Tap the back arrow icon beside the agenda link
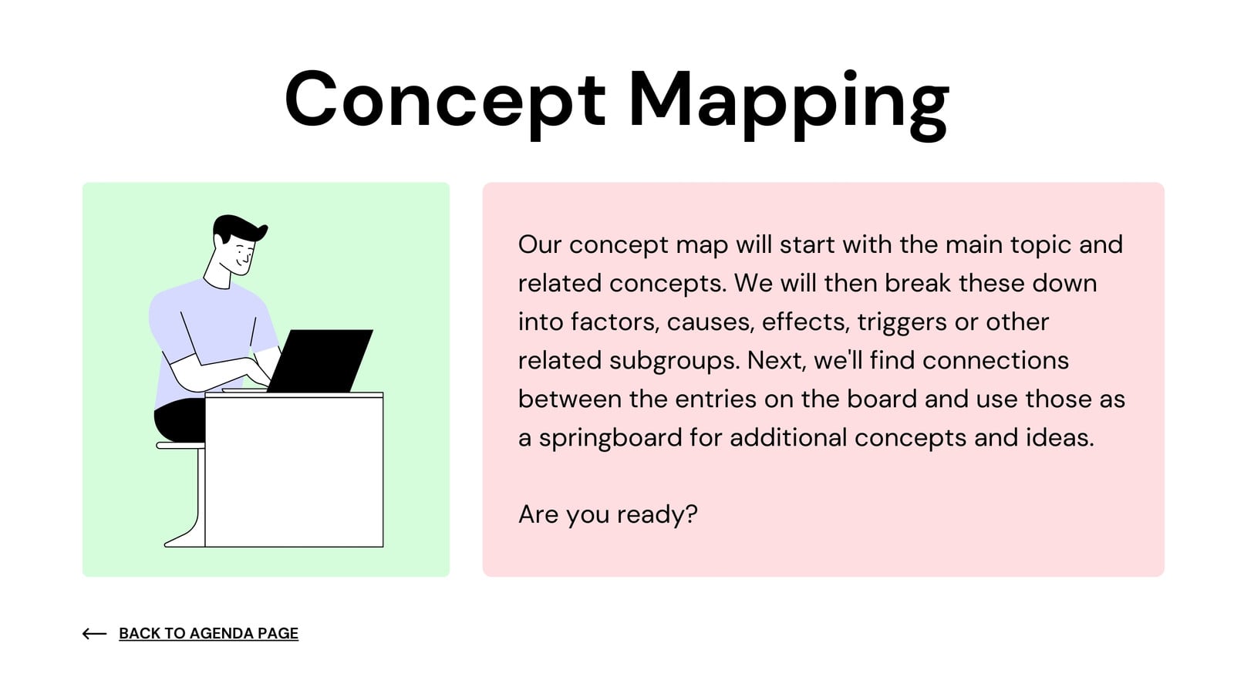click(x=94, y=633)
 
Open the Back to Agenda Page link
click(x=209, y=633)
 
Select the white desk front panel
click(x=294, y=471)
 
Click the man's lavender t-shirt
click(x=212, y=336)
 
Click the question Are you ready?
click(x=608, y=515)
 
